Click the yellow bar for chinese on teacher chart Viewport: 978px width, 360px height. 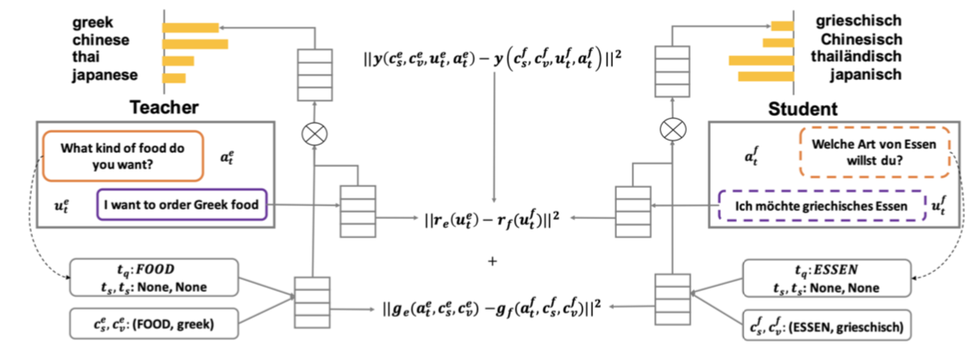coord(196,43)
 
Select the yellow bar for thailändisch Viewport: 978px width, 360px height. coord(760,59)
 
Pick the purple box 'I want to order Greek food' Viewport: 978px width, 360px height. coord(181,205)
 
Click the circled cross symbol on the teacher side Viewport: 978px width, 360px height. coord(314,134)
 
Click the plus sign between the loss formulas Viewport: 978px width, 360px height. coord(491,261)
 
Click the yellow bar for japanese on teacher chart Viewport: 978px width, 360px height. coord(174,78)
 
